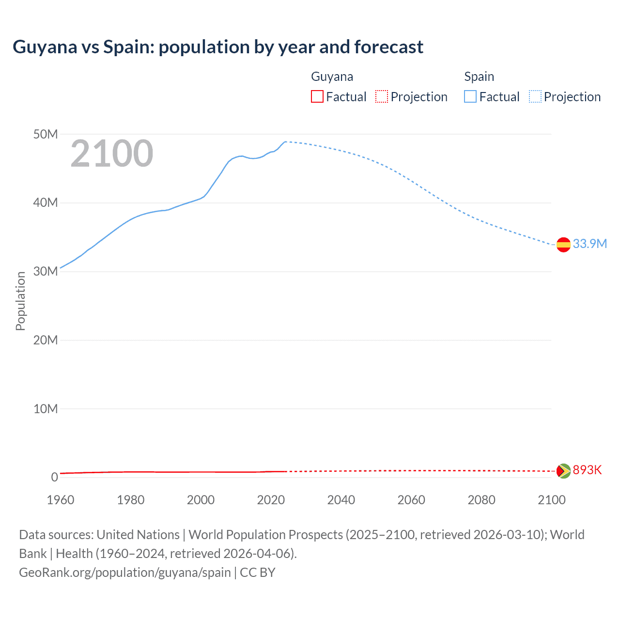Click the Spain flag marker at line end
[563, 245]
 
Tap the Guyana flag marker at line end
[563, 471]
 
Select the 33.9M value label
[589, 244]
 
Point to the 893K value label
[587, 470]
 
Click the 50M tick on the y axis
[46, 134]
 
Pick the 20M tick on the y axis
[46, 340]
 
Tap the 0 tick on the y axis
[54, 477]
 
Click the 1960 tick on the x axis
[61, 500]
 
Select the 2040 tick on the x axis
[341, 500]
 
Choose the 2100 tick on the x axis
[551, 500]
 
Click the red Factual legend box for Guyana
[317, 97]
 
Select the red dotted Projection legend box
[382, 97]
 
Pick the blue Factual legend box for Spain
[470, 97]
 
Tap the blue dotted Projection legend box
[535, 97]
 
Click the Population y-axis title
[20, 301]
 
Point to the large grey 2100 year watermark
[112, 154]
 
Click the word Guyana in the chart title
[45, 47]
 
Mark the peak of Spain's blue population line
[285, 142]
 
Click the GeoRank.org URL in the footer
[124, 573]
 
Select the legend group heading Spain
[479, 77]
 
